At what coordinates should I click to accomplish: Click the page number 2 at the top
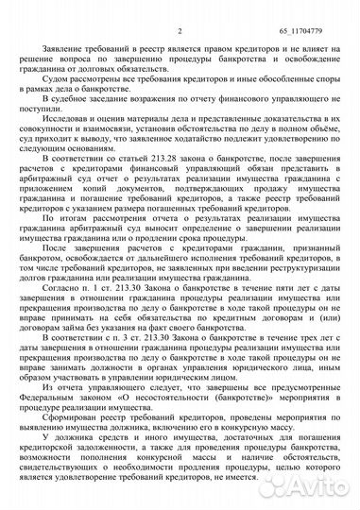178,9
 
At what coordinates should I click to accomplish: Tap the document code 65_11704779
315,9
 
